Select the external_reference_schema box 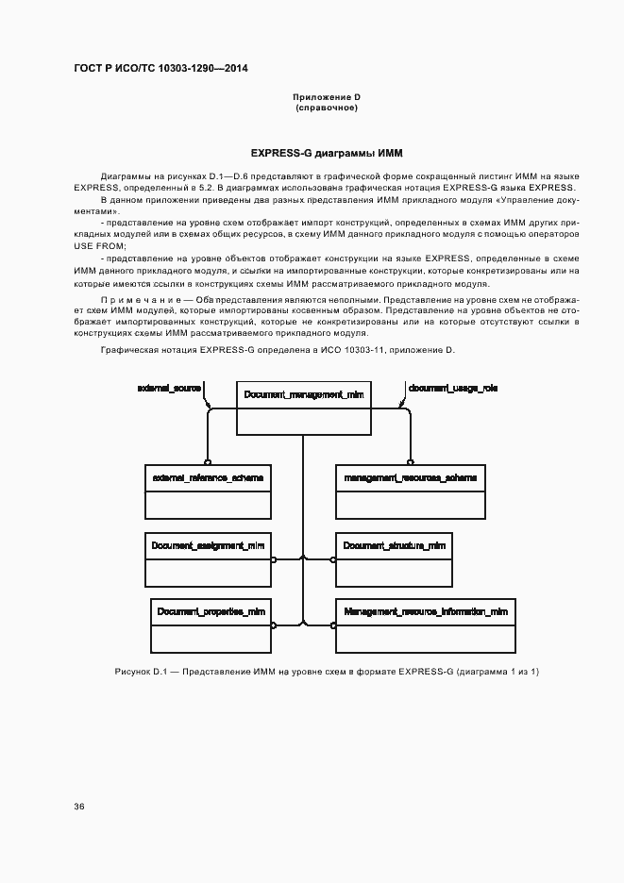coord(208,491)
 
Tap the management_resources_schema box coord(410,491)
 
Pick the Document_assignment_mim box coord(208,559)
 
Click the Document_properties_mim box coord(211,624)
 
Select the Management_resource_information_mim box coord(426,624)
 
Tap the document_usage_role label coord(453,388)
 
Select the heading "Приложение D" coord(327,97)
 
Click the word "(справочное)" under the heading coord(327,108)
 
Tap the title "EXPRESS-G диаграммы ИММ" coord(327,153)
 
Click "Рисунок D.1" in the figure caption coord(140,671)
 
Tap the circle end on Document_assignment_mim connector coord(274,559)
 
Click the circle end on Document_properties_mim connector coord(274,624)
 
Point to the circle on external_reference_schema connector coord(208,462)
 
